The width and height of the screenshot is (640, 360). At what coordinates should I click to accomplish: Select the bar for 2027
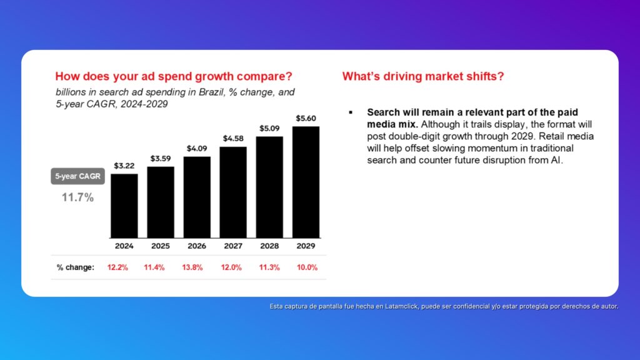point(233,192)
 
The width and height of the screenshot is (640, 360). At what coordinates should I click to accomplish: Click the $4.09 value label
point(197,149)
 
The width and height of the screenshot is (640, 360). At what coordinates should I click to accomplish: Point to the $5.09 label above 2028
point(269,129)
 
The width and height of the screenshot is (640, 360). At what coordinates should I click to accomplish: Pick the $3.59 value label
point(161,159)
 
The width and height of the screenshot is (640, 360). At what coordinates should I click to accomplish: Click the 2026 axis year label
point(197,246)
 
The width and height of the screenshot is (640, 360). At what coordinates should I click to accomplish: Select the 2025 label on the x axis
point(161,246)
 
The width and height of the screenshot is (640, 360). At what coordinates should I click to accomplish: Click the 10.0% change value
point(307,267)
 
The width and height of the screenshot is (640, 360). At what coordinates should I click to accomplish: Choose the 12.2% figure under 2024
point(117,267)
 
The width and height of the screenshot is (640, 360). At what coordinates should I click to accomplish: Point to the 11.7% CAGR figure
point(77,197)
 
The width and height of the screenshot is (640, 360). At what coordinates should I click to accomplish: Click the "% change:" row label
point(76,267)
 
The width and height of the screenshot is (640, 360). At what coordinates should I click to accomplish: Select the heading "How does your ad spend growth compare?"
point(174,77)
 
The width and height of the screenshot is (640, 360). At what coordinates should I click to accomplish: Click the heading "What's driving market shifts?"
point(423,77)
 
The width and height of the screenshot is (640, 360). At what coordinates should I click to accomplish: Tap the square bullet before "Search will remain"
point(351,112)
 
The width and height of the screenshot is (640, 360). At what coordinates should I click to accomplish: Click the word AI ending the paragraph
point(558,161)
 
